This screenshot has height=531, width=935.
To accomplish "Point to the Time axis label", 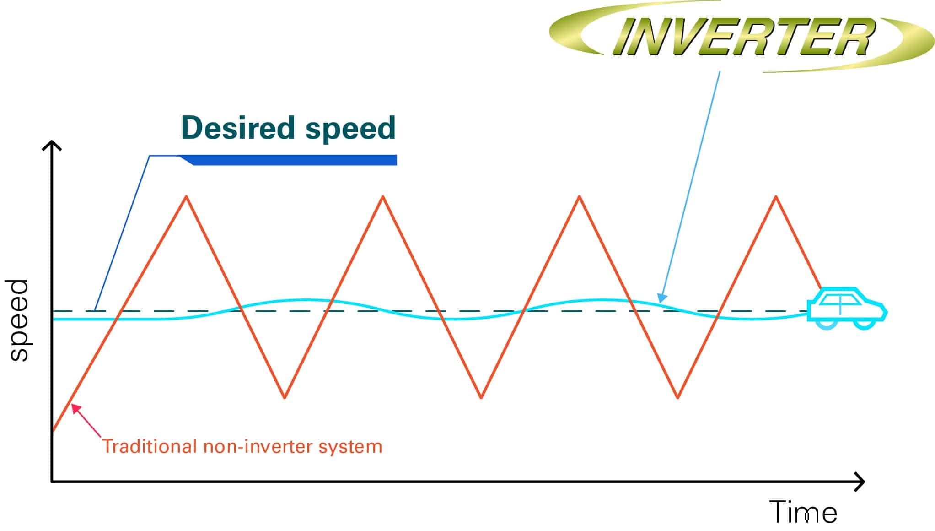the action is (804, 512).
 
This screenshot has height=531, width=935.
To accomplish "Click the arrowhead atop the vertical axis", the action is (52, 146).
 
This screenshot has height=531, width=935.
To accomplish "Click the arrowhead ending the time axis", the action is (859, 482).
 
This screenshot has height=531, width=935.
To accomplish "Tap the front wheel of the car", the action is (864, 324).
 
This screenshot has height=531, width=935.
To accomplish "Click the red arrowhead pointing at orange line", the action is (76, 409).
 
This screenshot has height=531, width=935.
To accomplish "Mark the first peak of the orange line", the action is (186, 196).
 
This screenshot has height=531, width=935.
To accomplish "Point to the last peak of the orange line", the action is (776, 196).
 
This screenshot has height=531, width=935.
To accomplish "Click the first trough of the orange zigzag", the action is (285, 397).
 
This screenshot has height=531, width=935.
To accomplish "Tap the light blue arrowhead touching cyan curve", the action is (661, 298).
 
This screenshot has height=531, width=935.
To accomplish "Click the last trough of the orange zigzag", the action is (678, 397).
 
